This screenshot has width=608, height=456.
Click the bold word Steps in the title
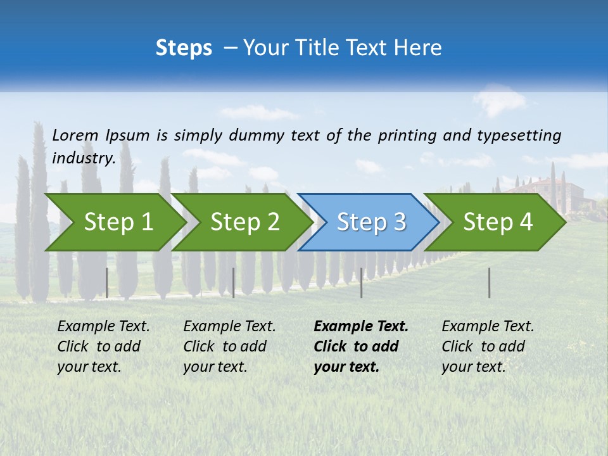184,48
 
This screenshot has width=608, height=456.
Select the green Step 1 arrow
114,222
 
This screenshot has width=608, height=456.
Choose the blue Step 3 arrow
369,222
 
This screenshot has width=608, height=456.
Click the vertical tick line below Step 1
107,282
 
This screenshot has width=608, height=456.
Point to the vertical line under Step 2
234,282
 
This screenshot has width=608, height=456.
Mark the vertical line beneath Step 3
361,282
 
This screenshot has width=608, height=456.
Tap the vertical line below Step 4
489,282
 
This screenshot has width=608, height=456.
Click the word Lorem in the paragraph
75,135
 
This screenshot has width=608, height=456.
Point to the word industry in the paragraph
84,158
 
